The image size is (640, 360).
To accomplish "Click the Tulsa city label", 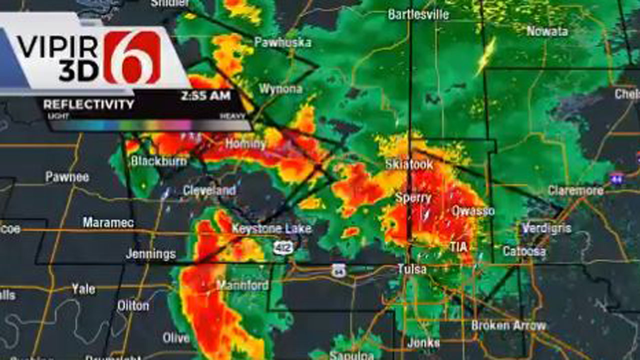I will click(412, 269).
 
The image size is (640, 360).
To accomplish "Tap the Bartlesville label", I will click(418, 14).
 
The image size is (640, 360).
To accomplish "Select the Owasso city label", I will click(473, 210).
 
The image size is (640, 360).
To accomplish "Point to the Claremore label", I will click(575, 190).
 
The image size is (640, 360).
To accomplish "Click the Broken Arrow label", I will click(508, 325).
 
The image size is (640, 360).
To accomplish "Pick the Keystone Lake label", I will click(271, 229).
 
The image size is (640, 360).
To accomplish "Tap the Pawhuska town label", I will click(282, 42).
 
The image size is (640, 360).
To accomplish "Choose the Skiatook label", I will click(409, 164).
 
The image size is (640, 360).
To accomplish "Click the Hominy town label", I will click(245, 144).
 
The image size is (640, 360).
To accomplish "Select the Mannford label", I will click(242, 285).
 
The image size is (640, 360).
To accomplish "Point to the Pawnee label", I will click(67, 176).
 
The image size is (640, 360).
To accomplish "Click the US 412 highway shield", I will click(282, 247).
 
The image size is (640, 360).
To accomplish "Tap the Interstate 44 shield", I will click(616, 177).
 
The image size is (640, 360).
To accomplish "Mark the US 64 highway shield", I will click(338, 270).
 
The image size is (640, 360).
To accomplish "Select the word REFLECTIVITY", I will click(88, 104).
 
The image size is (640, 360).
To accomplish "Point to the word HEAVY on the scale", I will click(233, 116).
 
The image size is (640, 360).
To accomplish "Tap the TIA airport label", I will click(458, 246).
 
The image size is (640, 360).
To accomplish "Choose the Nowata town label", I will click(547, 31).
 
